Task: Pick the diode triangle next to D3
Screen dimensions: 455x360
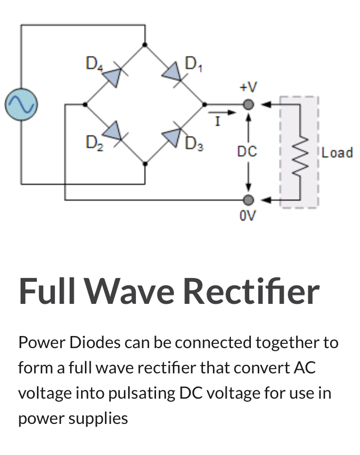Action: [x=172, y=135]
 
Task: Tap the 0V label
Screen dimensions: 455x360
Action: [x=248, y=216]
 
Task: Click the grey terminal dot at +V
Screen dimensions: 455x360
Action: [x=249, y=104]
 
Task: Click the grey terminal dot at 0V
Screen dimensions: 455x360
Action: [x=249, y=200]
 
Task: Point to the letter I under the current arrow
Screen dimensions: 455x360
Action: [x=216, y=122]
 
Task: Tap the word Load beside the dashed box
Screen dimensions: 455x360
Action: [x=337, y=153]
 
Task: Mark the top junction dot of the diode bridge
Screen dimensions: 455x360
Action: [x=145, y=45]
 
